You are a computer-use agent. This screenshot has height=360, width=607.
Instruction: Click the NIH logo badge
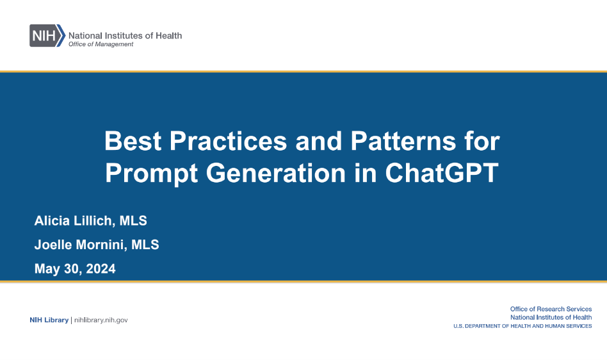[x=47, y=36]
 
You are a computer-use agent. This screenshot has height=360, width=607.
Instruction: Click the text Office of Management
[x=101, y=44]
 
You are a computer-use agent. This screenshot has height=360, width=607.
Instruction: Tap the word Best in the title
[x=133, y=141]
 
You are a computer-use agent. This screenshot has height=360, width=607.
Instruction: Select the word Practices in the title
[x=228, y=141]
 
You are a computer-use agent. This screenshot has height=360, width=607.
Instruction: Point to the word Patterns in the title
[x=403, y=141]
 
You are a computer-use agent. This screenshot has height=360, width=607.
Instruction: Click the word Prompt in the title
[x=151, y=173]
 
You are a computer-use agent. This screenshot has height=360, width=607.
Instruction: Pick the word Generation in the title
[x=275, y=173]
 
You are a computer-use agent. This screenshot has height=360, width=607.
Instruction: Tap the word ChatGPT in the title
[x=441, y=173]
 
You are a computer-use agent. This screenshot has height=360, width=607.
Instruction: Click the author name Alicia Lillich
[x=73, y=220]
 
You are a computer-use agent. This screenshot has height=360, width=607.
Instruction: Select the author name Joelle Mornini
[x=79, y=245]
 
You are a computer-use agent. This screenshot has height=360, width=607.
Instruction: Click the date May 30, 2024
[x=75, y=268]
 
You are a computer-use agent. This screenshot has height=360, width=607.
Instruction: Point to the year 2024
[x=101, y=268]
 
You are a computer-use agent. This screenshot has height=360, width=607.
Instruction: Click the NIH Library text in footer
[x=49, y=320]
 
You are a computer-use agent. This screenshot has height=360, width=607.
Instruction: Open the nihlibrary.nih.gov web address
[x=101, y=320]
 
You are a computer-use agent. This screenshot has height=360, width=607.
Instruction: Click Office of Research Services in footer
[x=551, y=309]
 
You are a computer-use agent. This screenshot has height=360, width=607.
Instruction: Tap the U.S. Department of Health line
[x=522, y=326]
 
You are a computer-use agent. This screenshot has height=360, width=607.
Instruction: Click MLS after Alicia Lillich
[x=133, y=220]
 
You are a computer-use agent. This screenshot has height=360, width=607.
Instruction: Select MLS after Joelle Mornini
[x=145, y=245]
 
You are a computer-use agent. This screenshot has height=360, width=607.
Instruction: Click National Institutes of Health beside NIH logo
[x=125, y=36]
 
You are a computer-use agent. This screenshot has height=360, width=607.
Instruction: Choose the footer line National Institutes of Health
[x=551, y=318]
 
